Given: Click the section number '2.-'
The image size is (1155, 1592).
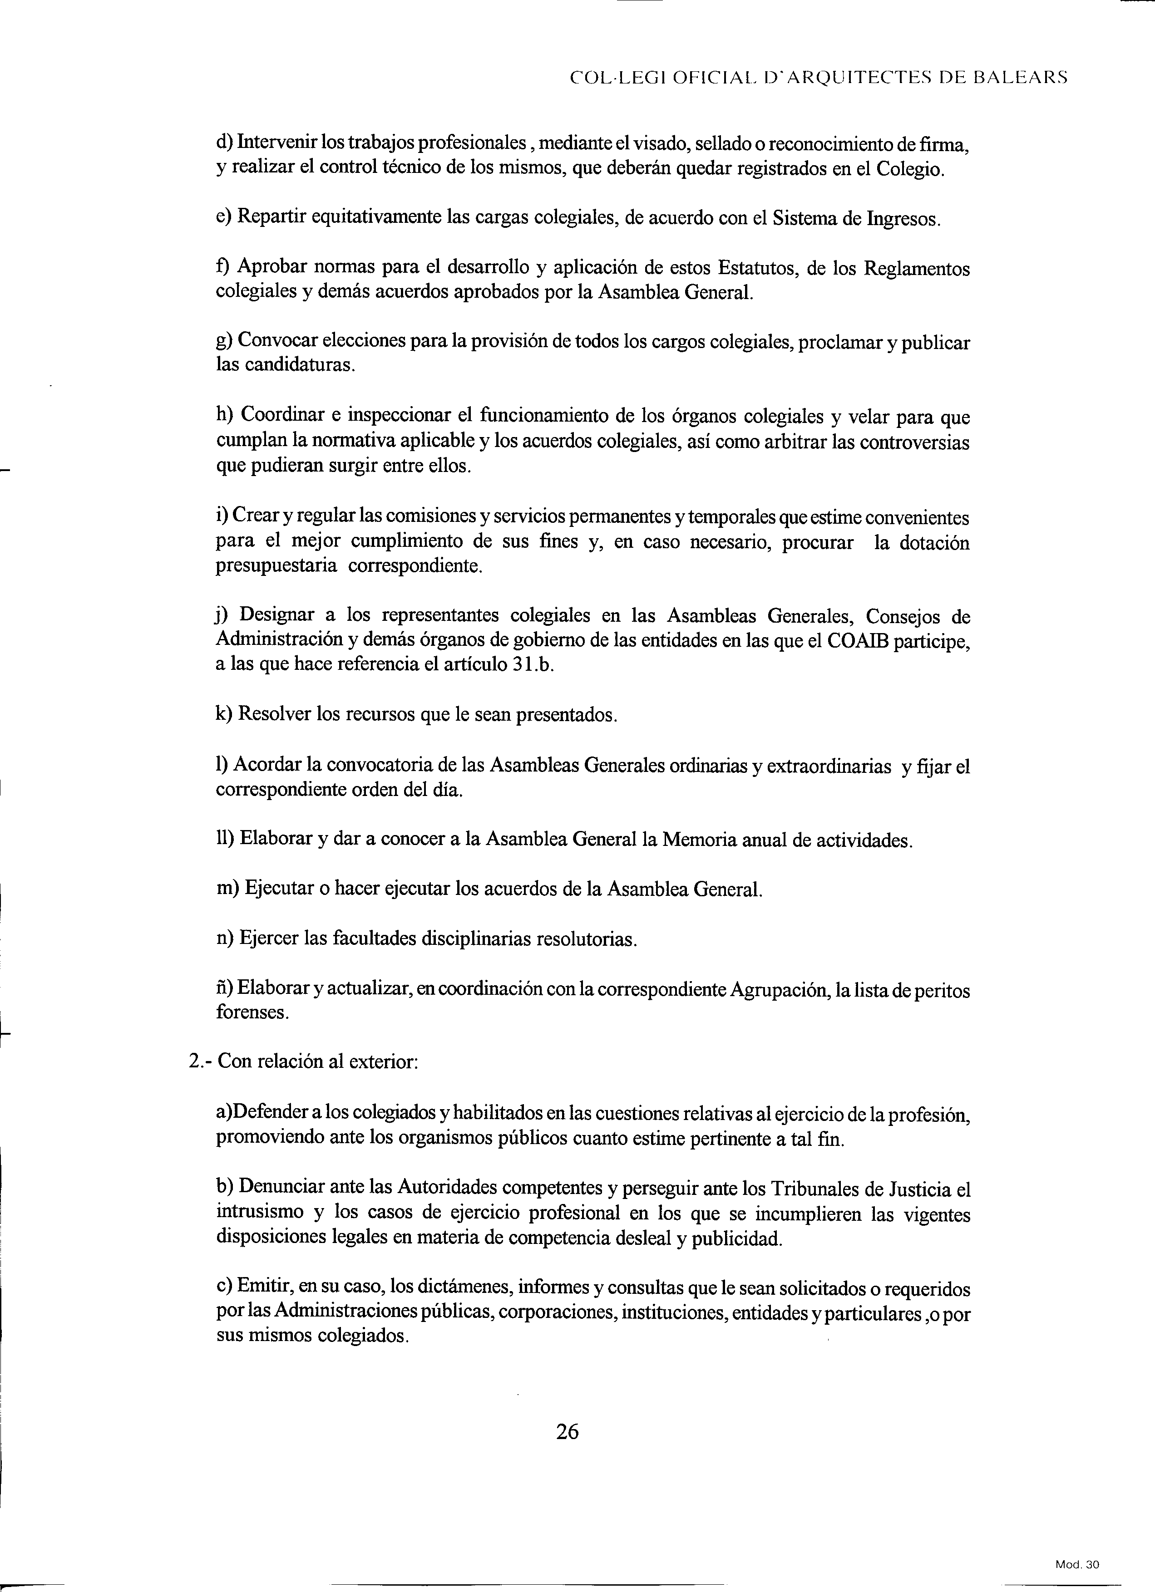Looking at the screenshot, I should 200,1061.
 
